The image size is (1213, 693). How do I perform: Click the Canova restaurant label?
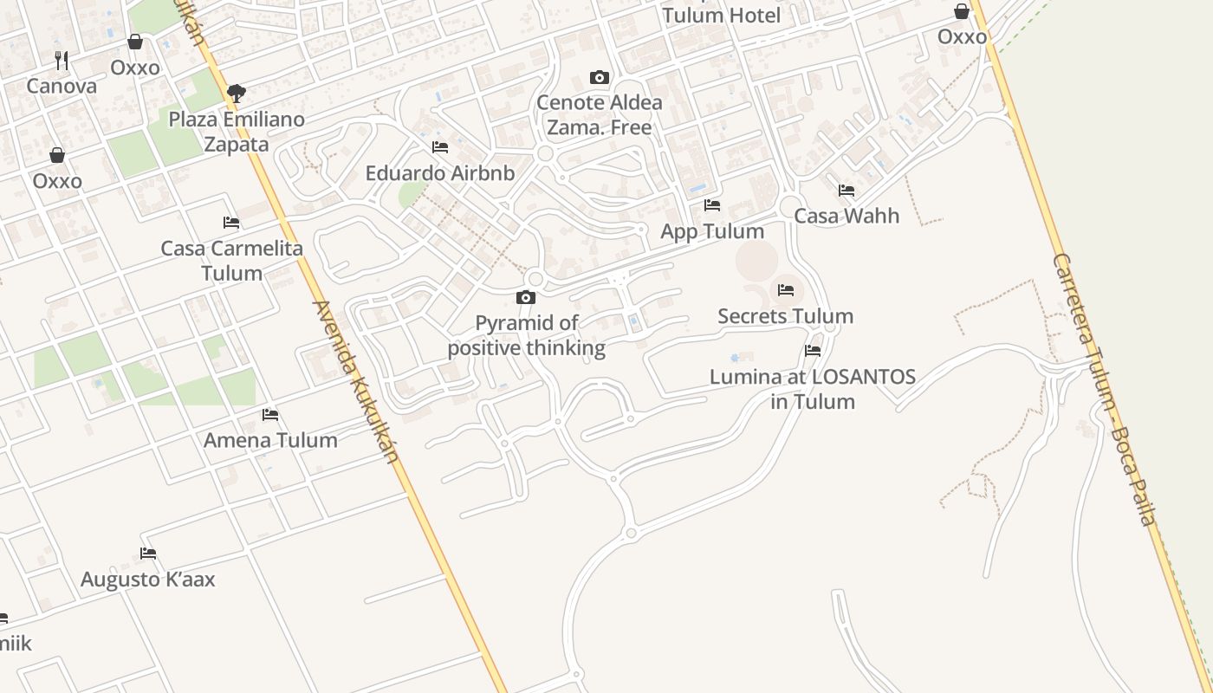click(62, 86)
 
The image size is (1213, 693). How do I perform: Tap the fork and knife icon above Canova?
click(62, 60)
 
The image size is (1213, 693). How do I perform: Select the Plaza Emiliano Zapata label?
click(237, 131)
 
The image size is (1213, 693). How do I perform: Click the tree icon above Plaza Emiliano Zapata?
click(236, 93)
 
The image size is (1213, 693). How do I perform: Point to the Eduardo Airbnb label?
click(440, 172)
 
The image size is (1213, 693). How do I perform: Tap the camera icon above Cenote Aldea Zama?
click(599, 77)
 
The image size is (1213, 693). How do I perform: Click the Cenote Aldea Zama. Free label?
click(600, 114)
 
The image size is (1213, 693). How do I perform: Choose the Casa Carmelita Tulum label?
click(232, 260)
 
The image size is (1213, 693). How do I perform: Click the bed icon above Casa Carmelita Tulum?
click(230, 223)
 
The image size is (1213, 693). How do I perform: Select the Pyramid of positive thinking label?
click(526, 335)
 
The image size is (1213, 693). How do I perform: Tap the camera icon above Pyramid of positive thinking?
click(526, 297)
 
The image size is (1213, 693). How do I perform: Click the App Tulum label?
click(712, 231)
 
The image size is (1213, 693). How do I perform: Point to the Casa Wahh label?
click(847, 216)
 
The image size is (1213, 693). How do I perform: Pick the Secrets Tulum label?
click(785, 316)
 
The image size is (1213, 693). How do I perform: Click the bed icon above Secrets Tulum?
click(786, 289)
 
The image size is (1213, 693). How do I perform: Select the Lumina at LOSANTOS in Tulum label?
click(813, 389)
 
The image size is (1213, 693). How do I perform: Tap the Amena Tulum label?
click(270, 440)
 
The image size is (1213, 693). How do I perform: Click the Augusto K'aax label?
click(148, 580)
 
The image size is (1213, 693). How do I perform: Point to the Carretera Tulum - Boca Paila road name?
click(1105, 390)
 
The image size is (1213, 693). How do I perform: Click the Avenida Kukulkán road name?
click(356, 381)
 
